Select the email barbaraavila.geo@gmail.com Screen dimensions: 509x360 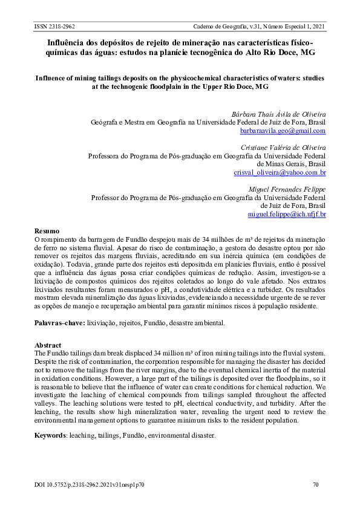tap(283, 131)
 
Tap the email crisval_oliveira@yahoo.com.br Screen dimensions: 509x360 tap(280, 172)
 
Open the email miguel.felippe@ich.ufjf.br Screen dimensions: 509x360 tap(287, 214)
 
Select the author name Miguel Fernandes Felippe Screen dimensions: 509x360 tap(287, 189)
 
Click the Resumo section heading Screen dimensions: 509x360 tap(47, 232)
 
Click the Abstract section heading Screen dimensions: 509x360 tap(48, 345)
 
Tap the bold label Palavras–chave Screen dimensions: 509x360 tap(59, 323)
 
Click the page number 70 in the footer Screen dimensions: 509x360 tap(315, 484)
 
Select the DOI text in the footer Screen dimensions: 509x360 tap(89, 484)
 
